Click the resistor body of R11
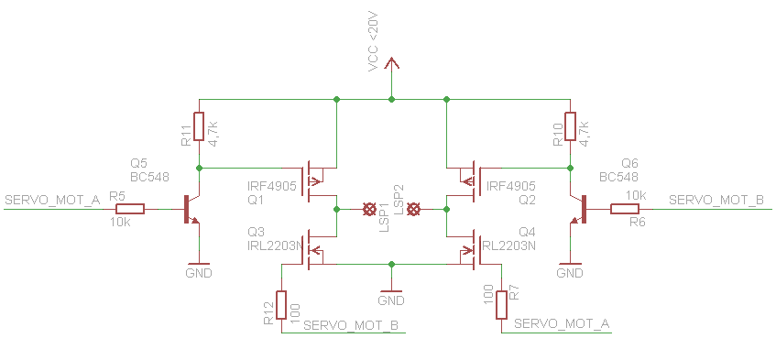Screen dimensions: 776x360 coord(199,126)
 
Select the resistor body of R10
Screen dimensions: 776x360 coord(570,126)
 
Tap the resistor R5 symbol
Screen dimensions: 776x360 coord(130,209)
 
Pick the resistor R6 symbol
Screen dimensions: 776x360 coord(624,209)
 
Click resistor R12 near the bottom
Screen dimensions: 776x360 coord(281,305)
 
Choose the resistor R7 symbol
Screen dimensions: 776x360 coord(501,305)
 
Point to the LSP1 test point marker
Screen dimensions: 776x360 coord(368,210)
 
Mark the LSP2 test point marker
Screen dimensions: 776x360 coord(413,210)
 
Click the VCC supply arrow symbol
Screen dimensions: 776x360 coord(391,64)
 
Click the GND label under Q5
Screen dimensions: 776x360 coord(199,273)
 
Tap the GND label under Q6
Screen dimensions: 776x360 coord(570,273)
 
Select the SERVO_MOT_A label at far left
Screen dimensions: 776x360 coord(52,201)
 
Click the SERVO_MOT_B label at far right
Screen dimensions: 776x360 coord(716,201)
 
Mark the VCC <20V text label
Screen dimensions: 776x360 coord(374,43)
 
